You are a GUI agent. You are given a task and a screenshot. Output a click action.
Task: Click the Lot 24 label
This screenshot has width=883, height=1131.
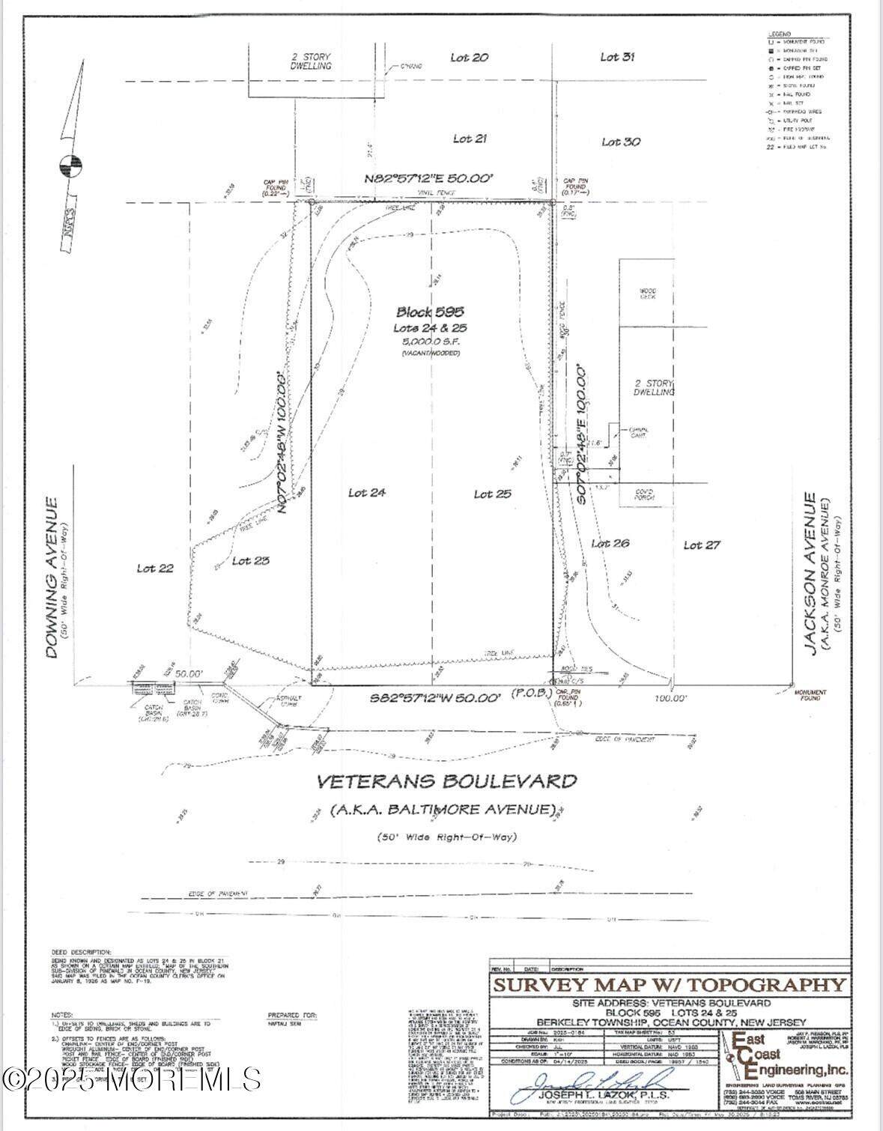[367, 493]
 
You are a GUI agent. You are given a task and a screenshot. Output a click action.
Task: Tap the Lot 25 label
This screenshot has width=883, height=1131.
[493, 494]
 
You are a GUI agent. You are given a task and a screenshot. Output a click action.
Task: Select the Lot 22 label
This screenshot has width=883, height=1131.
[155, 568]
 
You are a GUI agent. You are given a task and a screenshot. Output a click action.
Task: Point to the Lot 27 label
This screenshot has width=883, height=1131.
[702, 545]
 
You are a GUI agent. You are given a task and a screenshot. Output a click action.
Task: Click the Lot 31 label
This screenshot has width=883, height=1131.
[618, 56]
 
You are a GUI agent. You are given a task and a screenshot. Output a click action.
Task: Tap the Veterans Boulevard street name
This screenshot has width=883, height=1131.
[447, 781]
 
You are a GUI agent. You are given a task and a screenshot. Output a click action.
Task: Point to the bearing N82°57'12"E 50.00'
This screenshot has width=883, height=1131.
[429, 178]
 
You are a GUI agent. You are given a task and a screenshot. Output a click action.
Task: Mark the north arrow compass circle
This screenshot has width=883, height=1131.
[70, 166]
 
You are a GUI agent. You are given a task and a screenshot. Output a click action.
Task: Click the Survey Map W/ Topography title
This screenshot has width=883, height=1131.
[669, 985]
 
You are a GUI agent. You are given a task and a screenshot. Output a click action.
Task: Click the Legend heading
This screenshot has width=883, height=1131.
[780, 34]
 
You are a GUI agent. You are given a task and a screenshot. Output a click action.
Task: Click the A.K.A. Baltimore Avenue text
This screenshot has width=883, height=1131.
[443, 810]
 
